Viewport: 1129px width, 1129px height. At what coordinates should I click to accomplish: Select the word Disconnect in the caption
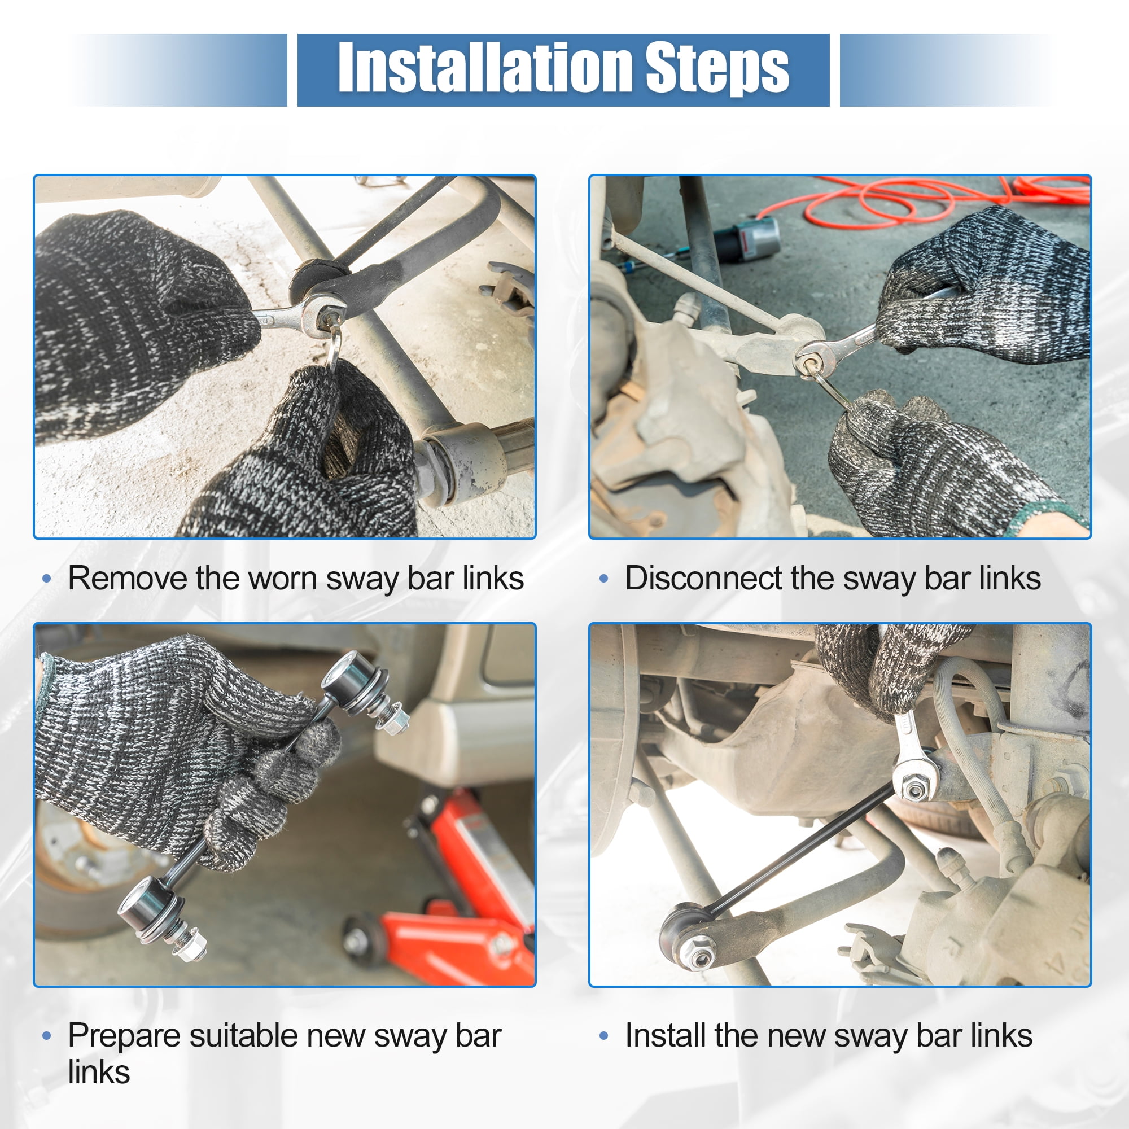coord(703,579)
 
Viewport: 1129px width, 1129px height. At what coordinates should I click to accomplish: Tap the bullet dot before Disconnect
coord(603,579)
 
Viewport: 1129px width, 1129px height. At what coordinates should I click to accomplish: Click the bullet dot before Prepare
coord(47,1036)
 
